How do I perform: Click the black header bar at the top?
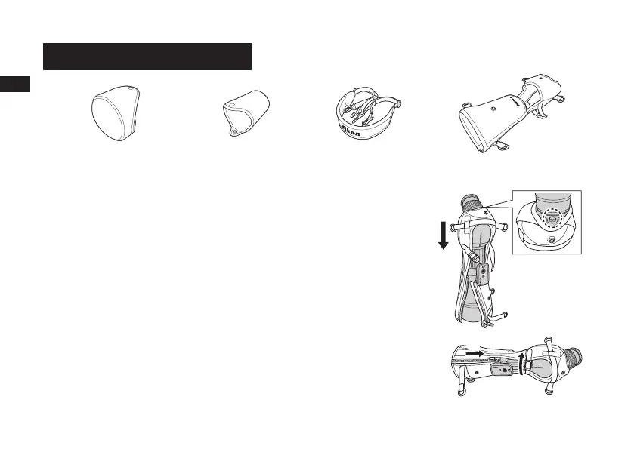pos(147,56)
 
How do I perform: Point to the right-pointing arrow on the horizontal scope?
pos(475,352)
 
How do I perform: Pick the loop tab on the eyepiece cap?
pos(234,130)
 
